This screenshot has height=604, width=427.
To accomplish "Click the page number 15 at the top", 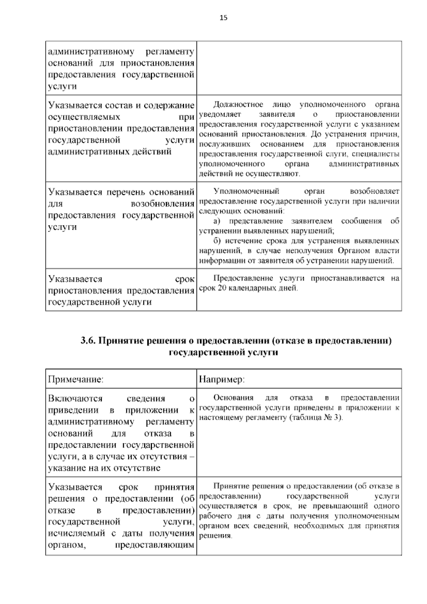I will coord(223,18).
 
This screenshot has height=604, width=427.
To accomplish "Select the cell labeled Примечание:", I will coord(76,380).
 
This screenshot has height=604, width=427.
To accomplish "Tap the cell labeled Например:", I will coord(222,380).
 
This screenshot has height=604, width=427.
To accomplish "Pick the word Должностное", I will coord(238,105).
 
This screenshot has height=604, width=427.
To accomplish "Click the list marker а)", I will coord(217,221).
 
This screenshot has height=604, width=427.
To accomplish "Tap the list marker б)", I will coord(217,241).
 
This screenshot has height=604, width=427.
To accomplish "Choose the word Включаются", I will coord(75,398).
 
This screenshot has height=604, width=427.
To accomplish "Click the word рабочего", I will coord(214,516).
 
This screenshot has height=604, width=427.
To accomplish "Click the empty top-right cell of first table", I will coord(299,68).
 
